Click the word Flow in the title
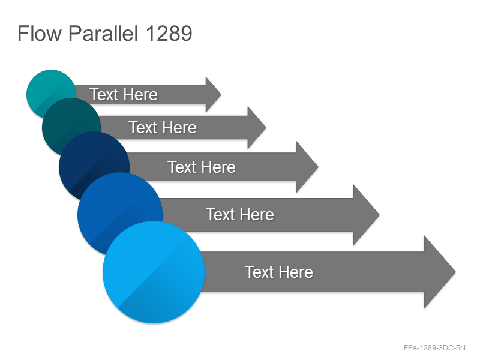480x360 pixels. (40, 34)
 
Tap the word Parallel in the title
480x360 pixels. (103, 34)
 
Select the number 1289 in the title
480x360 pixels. (169, 34)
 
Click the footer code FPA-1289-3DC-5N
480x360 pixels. (434, 348)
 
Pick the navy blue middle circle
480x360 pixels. (92, 159)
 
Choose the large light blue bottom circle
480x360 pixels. (154, 272)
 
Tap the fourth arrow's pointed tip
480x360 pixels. (380, 215)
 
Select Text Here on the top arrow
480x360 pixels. (124, 94)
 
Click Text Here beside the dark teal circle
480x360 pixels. (162, 127)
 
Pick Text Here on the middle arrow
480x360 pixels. (202, 167)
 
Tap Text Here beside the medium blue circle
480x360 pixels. (240, 214)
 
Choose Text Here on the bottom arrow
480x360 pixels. (279, 272)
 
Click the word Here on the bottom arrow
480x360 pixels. (296, 272)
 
